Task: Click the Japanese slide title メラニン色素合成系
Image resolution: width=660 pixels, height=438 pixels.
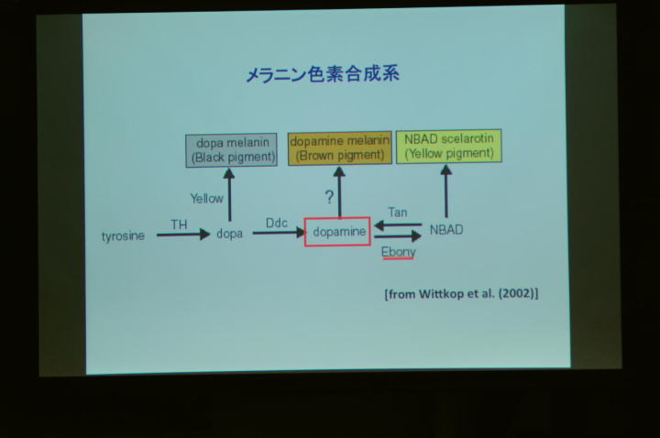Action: [323, 74]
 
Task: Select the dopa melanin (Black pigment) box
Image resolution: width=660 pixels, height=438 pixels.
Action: [231, 150]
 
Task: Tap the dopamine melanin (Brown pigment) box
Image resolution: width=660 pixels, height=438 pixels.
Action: [340, 148]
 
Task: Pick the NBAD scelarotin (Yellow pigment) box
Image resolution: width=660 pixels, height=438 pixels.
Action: [448, 146]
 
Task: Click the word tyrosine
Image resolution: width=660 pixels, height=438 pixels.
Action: [123, 235]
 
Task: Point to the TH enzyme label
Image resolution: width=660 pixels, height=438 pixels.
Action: [179, 224]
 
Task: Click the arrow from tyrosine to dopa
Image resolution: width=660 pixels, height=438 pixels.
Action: [183, 235]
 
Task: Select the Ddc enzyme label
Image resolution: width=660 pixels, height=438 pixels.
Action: [277, 223]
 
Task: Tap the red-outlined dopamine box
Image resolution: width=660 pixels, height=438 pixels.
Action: [337, 232]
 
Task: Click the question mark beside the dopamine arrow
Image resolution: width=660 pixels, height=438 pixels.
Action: [329, 197]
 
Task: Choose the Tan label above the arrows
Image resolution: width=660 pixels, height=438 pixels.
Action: [398, 212]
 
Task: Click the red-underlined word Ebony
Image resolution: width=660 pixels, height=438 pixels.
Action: [398, 252]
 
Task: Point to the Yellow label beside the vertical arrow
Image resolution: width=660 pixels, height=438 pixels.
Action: [206, 198]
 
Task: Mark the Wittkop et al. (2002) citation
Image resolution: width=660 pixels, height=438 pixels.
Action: [461, 294]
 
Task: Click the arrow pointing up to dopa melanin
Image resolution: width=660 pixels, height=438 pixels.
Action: [229, 195]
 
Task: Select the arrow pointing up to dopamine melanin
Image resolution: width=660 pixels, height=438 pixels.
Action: [340, 192]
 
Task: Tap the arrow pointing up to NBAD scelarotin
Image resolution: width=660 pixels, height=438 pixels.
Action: [446, 191]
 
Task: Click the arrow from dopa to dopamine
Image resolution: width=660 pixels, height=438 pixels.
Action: [279, 232]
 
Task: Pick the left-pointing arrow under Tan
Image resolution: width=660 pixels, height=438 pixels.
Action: [398, 225]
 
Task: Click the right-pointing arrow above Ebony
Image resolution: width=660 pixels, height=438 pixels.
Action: [398, 236]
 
